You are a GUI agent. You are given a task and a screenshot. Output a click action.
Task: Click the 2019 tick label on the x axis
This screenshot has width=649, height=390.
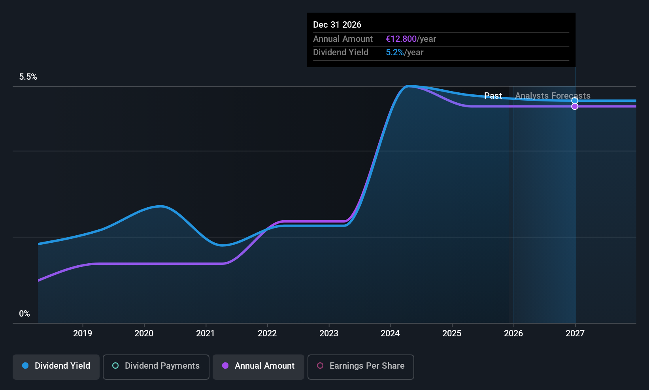pyautogui.click(x=83, y=333)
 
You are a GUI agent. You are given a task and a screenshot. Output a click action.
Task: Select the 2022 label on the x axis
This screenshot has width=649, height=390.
pyautogui.click(x=267, y=333)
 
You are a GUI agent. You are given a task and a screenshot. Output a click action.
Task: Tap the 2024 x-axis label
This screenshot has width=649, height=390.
pyautogui.click(x=390, y=333)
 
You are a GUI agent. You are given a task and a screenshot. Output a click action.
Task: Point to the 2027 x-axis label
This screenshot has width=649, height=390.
pyautogui.click(x=575, y=333)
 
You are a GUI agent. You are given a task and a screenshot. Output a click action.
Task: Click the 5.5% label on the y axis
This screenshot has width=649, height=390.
pyautogui.click(x=28, y=77)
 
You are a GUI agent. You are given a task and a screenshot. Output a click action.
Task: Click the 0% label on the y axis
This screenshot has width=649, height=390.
pyautogui.click(x=25, y=314)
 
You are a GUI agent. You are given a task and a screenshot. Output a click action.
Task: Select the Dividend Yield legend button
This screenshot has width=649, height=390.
pyautogui.click(x=56, y=366)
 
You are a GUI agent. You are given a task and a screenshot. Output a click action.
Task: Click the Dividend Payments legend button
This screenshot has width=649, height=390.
pyautogui.click(x=156, y=366)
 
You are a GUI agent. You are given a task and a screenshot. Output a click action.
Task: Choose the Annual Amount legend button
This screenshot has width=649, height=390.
pyautogui.click(x=258, y=366)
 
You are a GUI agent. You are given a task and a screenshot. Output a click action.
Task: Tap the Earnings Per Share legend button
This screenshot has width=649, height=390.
pyautogui.click(x=360, y=366)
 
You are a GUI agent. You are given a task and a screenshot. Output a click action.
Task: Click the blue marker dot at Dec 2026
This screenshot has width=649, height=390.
pyautogui.click(x=575, y=101)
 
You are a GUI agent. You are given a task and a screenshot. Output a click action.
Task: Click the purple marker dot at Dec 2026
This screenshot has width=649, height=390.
pyautogui.click(x=575, y=107)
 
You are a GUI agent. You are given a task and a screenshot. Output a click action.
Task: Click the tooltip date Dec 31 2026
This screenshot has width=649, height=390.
pyautogui.click(x=337, y=24)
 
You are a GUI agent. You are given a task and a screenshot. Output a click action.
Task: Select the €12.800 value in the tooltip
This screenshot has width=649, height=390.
pyautogui.click(x=401, y=39)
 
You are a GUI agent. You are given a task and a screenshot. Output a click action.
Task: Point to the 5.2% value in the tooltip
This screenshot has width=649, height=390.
pyautogui.click(x=394, y=52)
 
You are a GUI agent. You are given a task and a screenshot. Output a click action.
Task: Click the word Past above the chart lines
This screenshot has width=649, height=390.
pyautogui.click(x=493, y=96)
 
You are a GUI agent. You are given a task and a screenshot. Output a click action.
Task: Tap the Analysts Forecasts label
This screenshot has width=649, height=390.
pyautogui.click(x=553, y=96)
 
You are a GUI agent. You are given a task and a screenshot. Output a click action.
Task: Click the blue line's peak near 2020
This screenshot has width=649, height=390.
pyautogui.click(x=160, y=206)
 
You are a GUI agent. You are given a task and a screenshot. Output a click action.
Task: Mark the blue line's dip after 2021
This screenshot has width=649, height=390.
pyautogui.click(x=223, y=245)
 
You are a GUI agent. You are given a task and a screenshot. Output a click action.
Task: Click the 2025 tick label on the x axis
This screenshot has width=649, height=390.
pyautogui.click(x=452, y=333)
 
